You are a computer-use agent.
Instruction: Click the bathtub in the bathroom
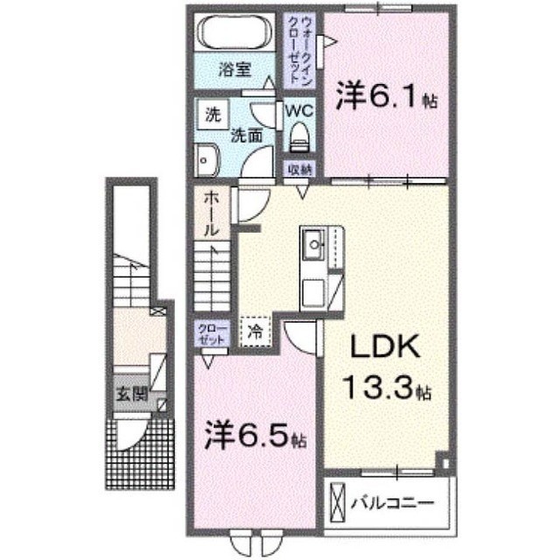(234, 32)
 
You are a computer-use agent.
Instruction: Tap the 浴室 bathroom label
(234, 70)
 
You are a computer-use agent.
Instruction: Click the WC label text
(299, 111)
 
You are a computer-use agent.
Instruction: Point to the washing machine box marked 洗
(213, 115)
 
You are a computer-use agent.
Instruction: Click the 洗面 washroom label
(247, 136)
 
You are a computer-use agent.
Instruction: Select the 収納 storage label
(299, 169)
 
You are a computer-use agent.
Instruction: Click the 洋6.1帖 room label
(387, 95)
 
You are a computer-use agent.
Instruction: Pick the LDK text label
(385, 347)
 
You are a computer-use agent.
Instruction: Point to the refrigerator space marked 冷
(255, 332)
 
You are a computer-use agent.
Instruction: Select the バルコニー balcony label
(392, 504)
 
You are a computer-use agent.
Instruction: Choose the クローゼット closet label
(212, 334)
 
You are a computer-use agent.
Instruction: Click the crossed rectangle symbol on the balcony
(337, 502)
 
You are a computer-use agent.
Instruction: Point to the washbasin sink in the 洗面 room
(206, 160)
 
